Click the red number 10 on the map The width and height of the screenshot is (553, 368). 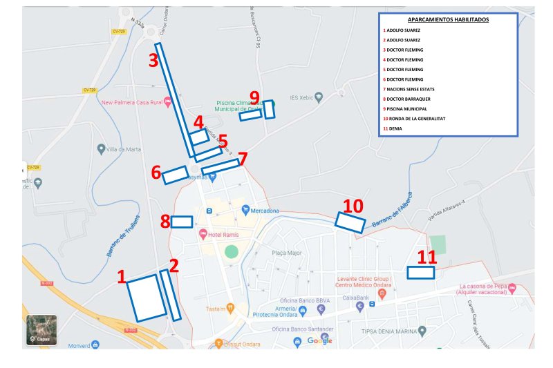click(353, 205)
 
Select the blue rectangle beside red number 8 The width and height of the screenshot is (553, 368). click(182, 222)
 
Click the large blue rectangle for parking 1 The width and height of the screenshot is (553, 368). click(147, 298)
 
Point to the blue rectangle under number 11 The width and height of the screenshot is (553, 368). click(420, 273)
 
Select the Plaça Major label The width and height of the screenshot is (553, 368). click(287, 253)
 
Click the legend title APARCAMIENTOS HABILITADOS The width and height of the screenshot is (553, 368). click(448, 19)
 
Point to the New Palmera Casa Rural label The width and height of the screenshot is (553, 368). click(131, 102)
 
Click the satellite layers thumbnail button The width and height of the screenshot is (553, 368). click(41, 330)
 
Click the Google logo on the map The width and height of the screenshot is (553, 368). click(319, 340)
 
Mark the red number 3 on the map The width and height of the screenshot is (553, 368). click(153, 60)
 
